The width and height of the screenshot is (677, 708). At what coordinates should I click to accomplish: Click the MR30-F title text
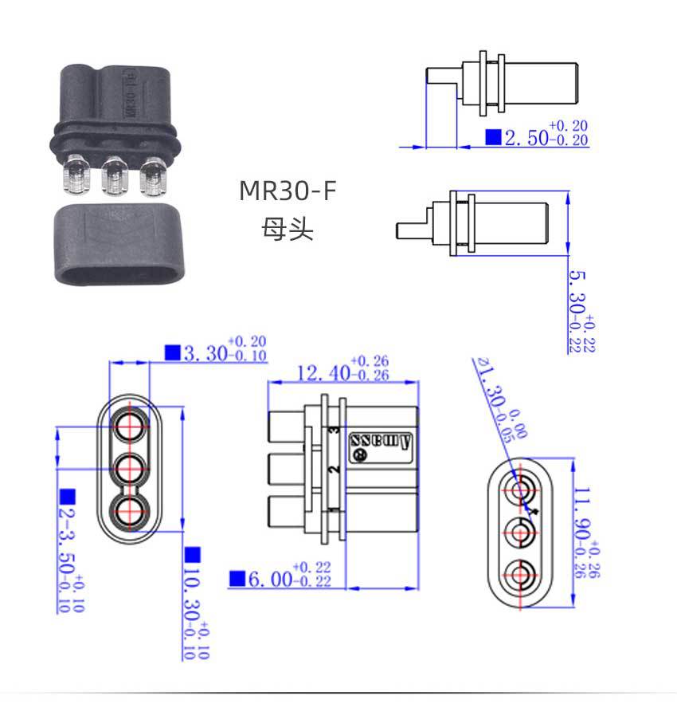click(288, 192)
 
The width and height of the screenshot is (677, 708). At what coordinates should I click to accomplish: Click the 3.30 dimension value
click(204, 353)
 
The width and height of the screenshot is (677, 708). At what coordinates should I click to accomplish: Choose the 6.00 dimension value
click(270, 579)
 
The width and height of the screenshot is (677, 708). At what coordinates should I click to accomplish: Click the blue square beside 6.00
click(237, 579)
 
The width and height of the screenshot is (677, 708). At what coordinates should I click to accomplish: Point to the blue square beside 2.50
click(494, 137)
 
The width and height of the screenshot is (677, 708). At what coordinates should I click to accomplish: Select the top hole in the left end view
click(128, 424)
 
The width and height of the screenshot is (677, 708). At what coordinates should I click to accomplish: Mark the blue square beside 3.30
click(171, 352)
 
